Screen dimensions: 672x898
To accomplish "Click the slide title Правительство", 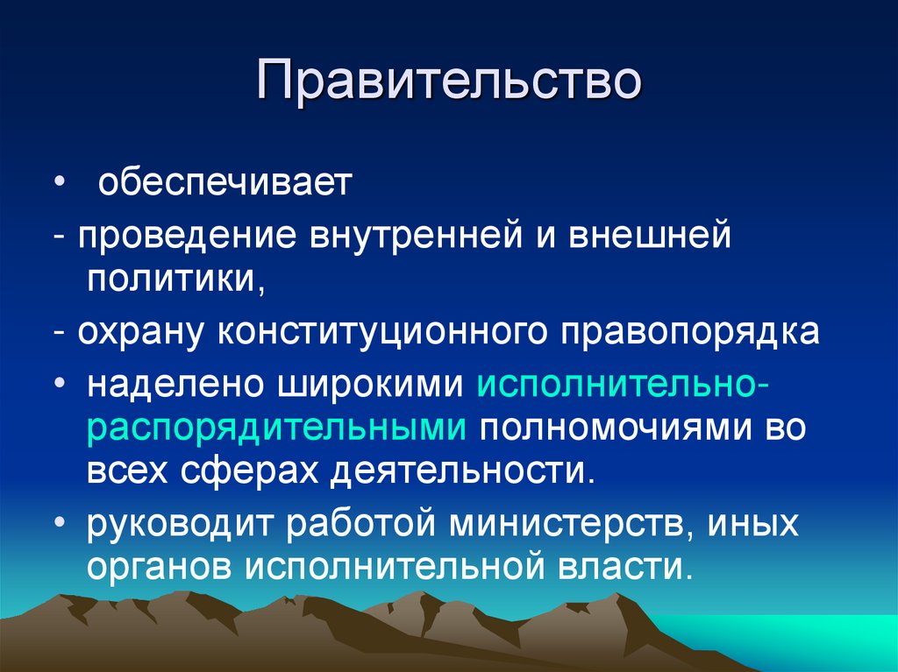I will [x=449, y=85].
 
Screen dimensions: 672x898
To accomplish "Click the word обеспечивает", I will [x=224, y=185].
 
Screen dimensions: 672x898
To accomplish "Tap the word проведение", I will [x=186, y=236].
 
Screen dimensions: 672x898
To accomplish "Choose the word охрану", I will [x=141, y=334].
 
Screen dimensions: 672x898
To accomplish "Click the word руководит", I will [x=179, y=525].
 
